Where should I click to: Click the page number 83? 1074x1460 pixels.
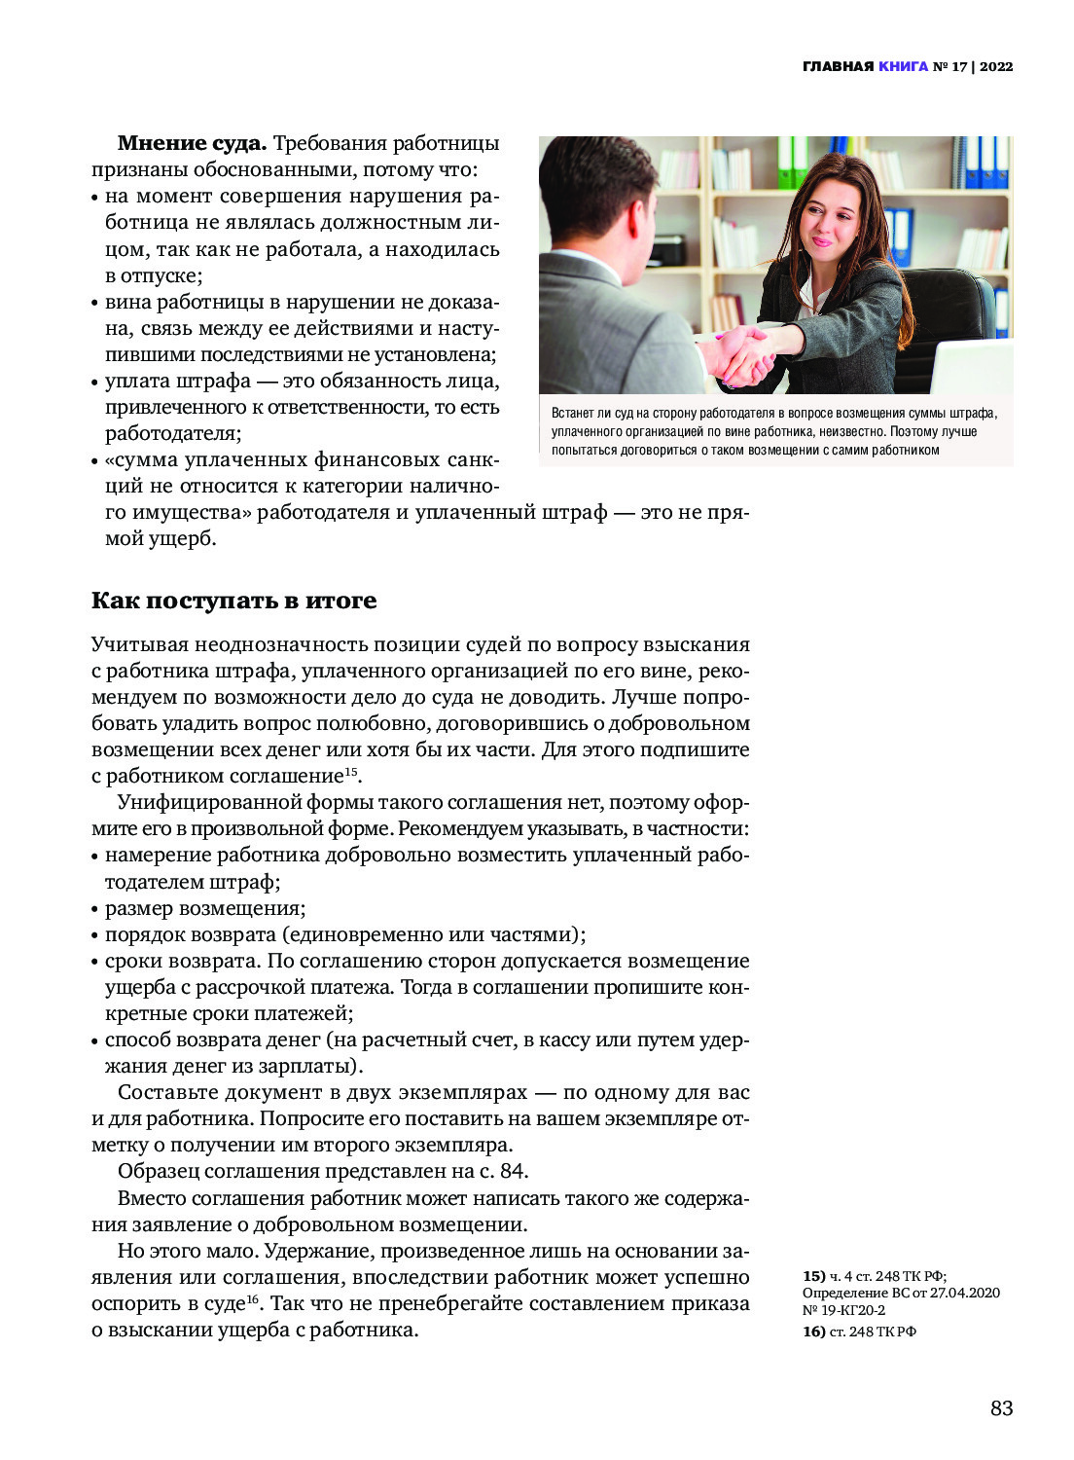click(x=1001, y=1407)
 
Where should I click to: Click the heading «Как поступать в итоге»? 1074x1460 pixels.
click(x=233, y=601)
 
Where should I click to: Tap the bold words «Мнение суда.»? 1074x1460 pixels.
click(x=192, y=144)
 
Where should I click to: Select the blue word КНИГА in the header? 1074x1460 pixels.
click(x=903, y=67)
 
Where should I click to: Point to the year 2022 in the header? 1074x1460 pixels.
click(x=996, y=67)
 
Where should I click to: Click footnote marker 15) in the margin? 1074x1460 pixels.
click(x=813, y=1276)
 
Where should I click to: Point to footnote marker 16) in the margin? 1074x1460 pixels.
click(x=813, y=1332)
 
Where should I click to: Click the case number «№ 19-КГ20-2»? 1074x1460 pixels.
click(x=843, y=1310)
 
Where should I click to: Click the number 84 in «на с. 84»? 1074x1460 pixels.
click(x=512, y=1171)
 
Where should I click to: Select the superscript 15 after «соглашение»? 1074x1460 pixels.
click(x=351, y=772)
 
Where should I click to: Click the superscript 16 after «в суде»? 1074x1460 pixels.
click(x=252, y=1298)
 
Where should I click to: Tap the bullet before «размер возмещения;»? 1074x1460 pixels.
click(x=95, y=910)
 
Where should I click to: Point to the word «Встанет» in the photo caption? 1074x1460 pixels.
click(x=572, y=414)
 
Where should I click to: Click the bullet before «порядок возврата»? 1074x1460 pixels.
click(x=95, y=936)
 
